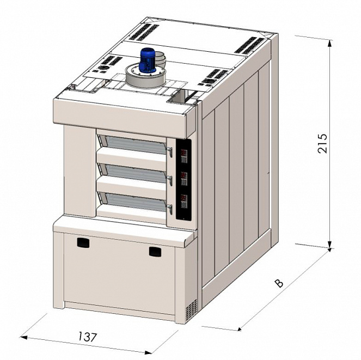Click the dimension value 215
[322, 143]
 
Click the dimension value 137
[88, 337]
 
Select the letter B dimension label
[279, 283]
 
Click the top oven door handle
[170, 152]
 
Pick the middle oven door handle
[170, 180]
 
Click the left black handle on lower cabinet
[83, 243]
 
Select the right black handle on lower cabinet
[155, 251]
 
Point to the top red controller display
[183, 152]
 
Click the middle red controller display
[183, 175]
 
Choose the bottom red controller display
[183, 198]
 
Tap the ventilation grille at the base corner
[191, 310]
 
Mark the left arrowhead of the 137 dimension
[24, 338]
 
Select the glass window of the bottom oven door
[135, 202]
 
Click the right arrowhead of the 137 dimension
[149, 352]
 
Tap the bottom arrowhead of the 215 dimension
[330, 245]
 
